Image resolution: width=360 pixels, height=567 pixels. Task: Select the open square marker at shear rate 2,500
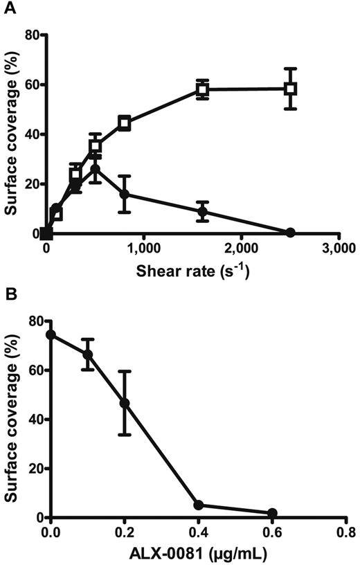coord(290,89)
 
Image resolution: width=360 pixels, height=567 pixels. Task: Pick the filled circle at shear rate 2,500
coord(290,232)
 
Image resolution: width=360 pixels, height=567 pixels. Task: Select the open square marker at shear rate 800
coord(125,123)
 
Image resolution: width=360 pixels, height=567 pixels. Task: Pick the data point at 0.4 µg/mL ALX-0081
coord(199,505)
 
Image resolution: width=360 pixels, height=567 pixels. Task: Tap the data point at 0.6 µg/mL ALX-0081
coord(273,513)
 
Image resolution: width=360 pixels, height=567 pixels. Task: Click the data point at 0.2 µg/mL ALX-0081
coord(125,403)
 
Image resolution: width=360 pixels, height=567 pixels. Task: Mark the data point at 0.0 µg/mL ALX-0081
coord(51,334)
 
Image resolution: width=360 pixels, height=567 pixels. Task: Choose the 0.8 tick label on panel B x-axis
coord(346,533)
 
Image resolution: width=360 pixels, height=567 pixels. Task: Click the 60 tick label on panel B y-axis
coord(30,370)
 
